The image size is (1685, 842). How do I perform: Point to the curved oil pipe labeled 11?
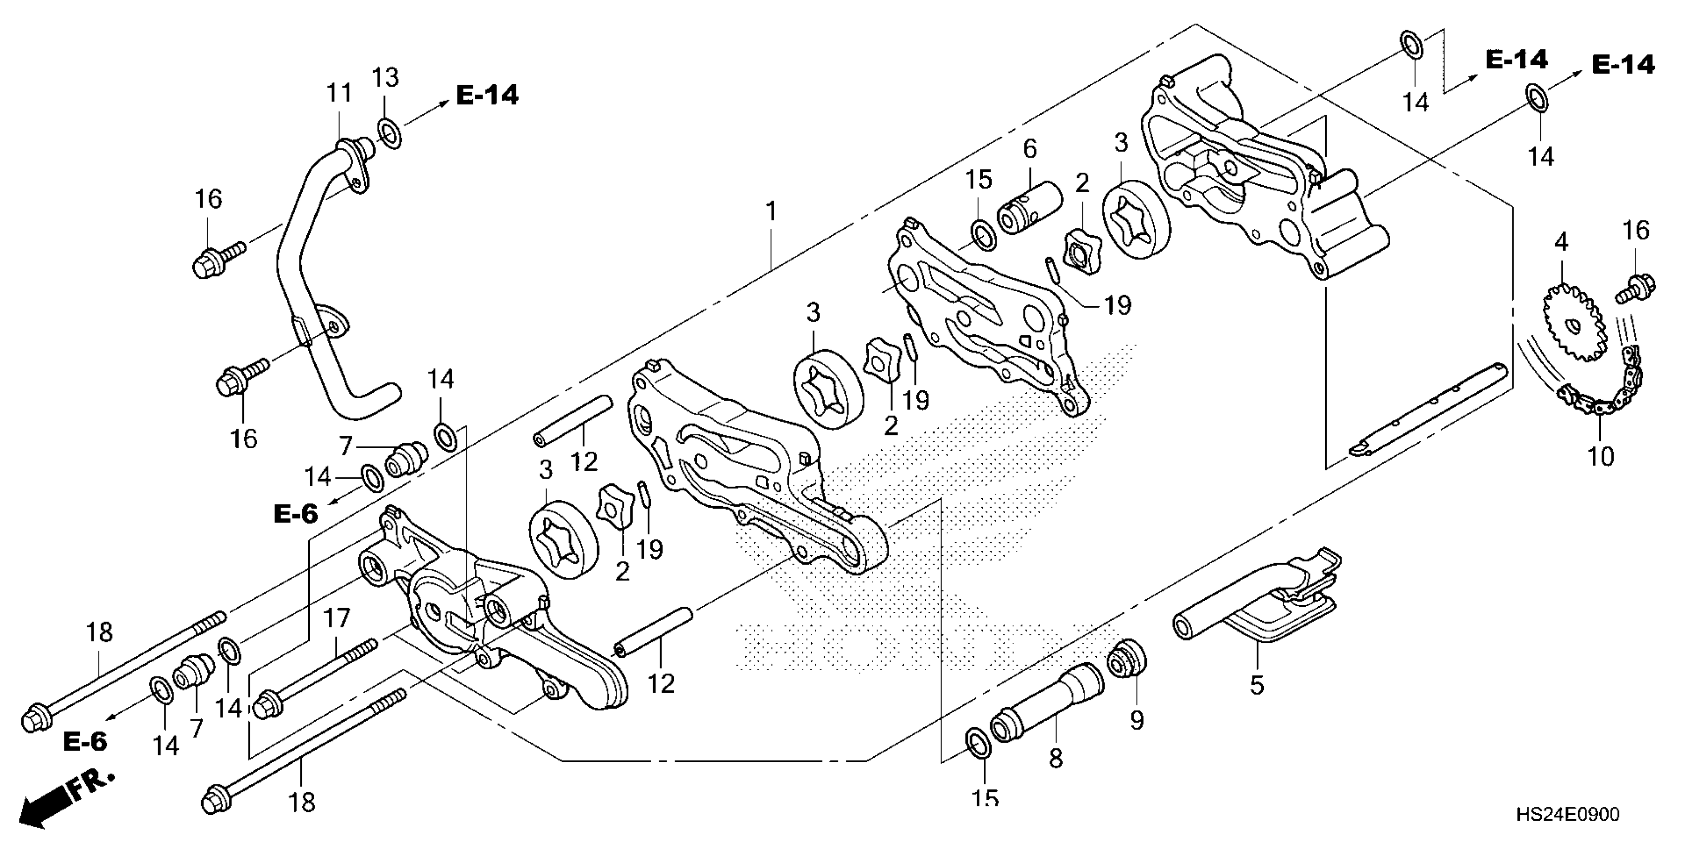pyautogui.click(x=307, y=262)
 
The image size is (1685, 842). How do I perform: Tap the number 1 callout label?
pyautogui.click(x=772, y=211)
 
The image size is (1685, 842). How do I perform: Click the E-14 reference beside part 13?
pyautogui.click(x=487, y=96)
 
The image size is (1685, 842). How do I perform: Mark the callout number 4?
pyautogui.click(x=1562, y=243)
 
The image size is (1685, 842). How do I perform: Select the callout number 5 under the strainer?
pyautogui.click(x=1256, y=685)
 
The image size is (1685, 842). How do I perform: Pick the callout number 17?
pyautogui.click(x=337, y=618)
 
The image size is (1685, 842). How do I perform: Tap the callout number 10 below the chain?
pyautogui.click(x=1601, y=456)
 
